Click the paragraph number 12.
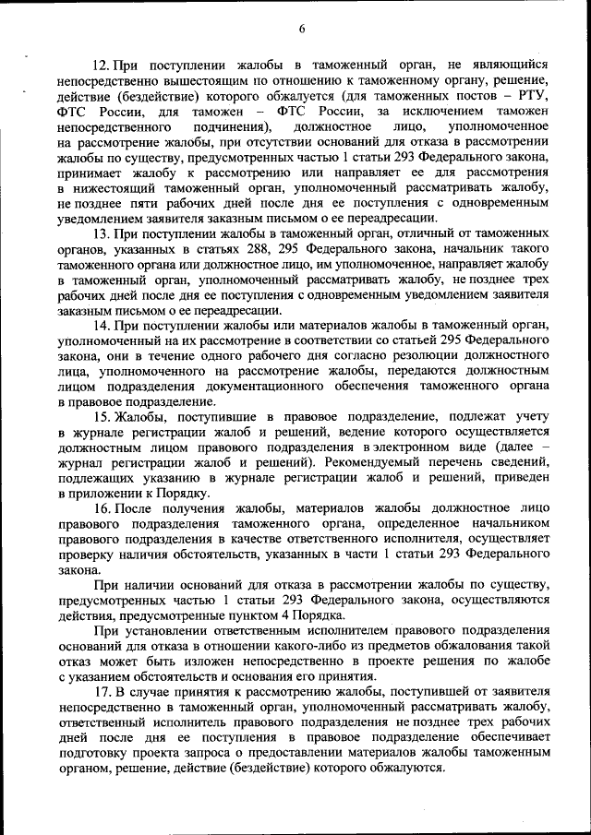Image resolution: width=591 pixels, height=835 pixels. pos(103,65)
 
